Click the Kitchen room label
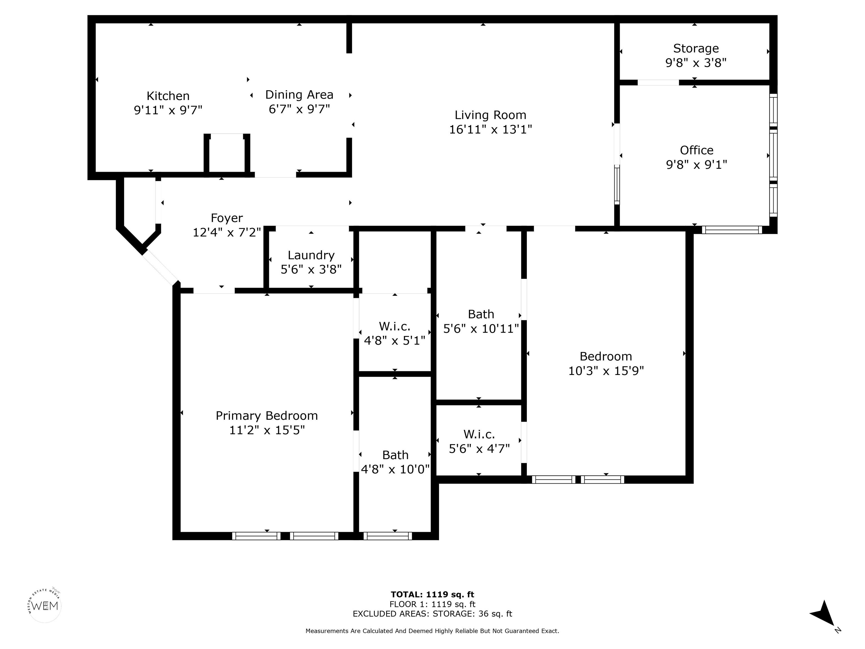tap(168, 96)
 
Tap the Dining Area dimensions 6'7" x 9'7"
tap(299, 109)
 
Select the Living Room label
tap(491, 115)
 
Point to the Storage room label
tap(696, 48)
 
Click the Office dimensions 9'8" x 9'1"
tap(696, 164)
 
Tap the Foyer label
tap(227, 218)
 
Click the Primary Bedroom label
tap(267, 416)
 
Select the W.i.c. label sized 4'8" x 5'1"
tap(394, 326)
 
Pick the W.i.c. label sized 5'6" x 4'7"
tap(479, 434)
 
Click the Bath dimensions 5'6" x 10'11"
tap(481, 329)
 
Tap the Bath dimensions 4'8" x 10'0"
tap(395, 469)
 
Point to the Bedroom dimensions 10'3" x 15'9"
tap(606, 370)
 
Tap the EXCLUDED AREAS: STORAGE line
tap(432, 614)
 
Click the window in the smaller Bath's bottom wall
tap(387, 536)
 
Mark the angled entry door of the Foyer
tap(160, 268)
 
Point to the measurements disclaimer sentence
tap(432, 631)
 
